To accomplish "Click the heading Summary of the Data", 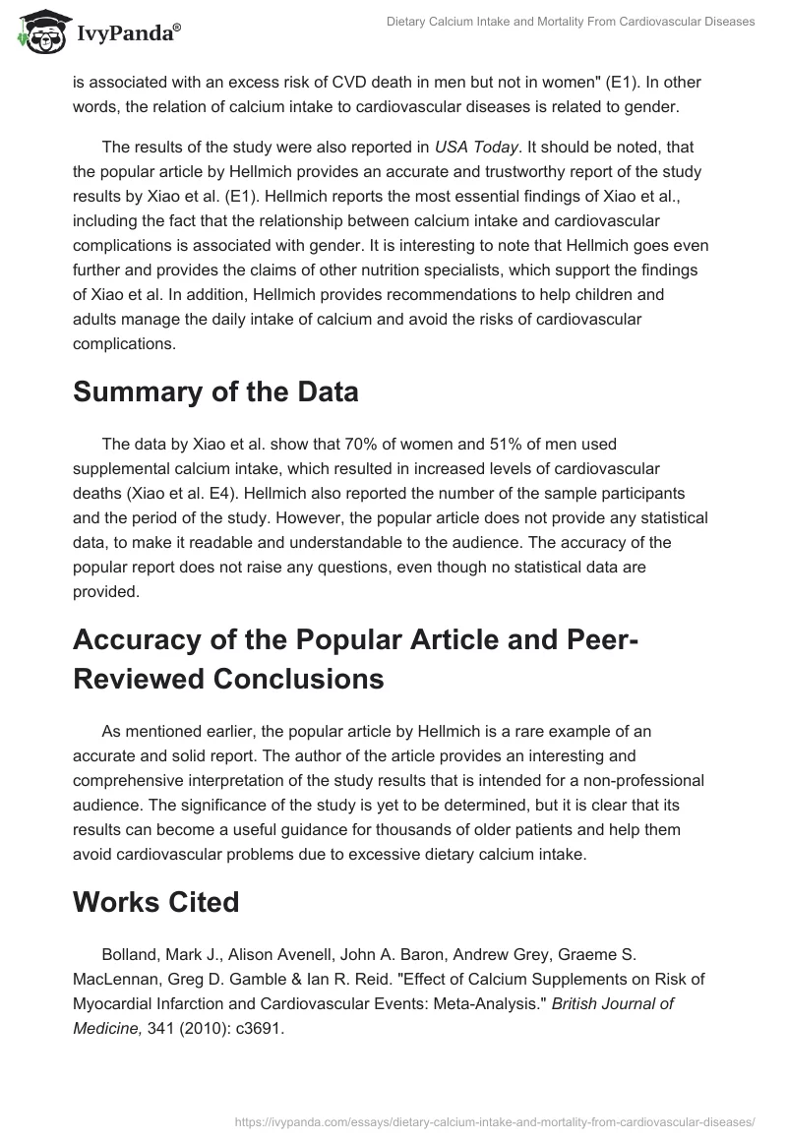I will coord(215,392).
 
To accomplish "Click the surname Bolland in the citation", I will coord(130,955).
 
